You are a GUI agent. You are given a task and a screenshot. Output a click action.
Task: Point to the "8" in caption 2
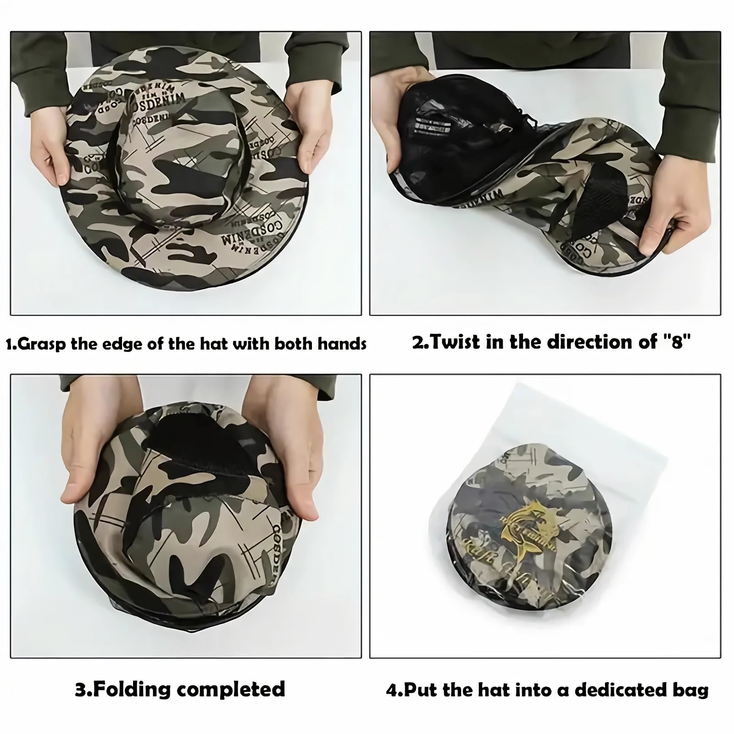[x=677, y=342]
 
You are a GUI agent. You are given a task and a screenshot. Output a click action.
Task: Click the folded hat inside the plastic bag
[x=528, y=528]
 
